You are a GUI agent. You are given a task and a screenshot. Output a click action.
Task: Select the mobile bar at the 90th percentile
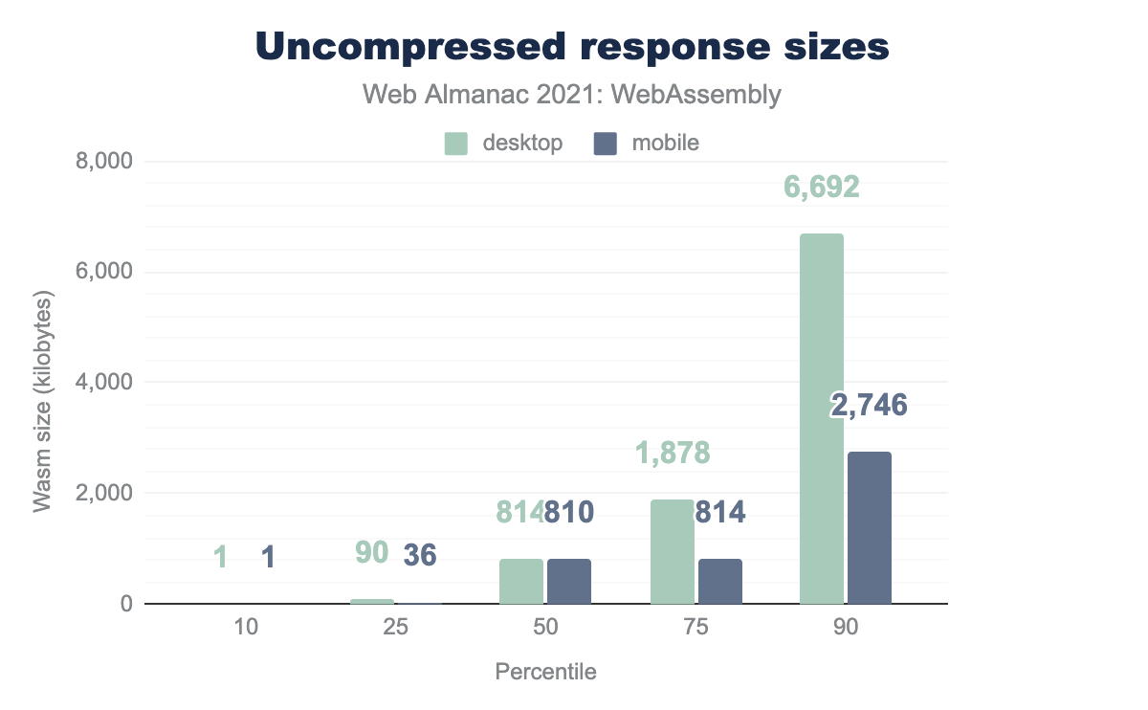point(870,528)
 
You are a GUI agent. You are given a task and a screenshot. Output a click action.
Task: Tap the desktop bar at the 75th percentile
point(672,552)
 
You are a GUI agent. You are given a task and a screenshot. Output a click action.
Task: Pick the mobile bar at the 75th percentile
point(719,581)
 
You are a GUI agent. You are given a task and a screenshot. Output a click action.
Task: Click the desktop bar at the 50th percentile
point(521,581)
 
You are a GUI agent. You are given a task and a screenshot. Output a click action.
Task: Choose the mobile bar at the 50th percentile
point(569,581)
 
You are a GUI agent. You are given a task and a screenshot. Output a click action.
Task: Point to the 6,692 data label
point(822,187)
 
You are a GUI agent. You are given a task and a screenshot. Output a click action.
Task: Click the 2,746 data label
point(869,406)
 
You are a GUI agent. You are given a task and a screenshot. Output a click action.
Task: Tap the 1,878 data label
point(673,453)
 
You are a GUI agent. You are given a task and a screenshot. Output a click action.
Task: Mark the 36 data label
point(419,555)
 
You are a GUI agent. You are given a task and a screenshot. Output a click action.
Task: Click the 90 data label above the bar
point(371,553)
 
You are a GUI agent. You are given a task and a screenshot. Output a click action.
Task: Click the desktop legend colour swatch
point(455,144)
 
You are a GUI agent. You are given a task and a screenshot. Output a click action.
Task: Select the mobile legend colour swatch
point(606,144)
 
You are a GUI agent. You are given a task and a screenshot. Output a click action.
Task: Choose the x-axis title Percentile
point(545,672)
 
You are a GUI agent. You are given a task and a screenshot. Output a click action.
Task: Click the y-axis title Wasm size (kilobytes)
point(43,401)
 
